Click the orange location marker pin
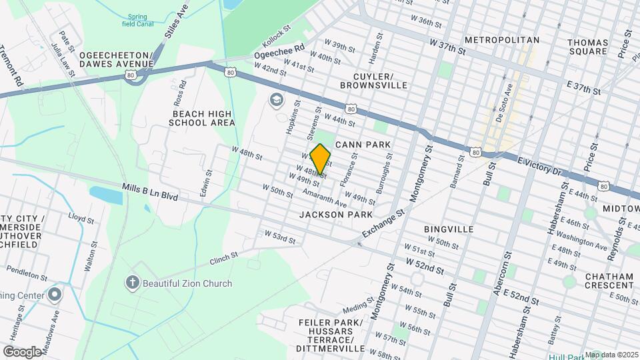tap(321, 159)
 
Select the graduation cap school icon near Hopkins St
tap(276, 101)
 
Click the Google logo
tap(22, 351)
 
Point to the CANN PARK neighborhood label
tap(362, 144)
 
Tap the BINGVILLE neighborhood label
tap(449, 229)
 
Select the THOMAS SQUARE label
tap(587, 47)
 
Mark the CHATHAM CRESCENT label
tap(609, 281)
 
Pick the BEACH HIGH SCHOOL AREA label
tap(201, 118)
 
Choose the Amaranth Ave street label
tap(325, 198)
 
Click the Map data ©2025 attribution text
tap(611, 354)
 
